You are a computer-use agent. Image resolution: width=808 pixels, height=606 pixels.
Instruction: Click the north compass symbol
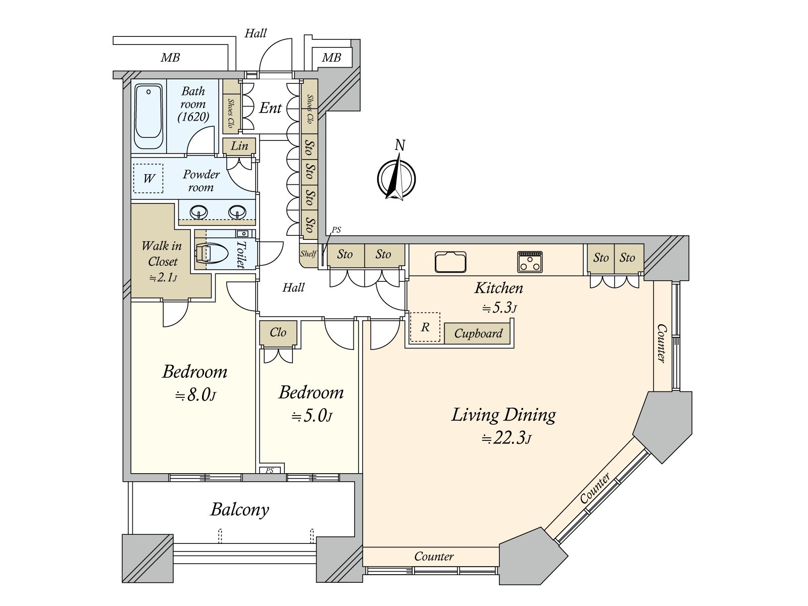click(396, 178)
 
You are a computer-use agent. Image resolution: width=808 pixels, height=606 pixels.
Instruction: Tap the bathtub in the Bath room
click(149, 116)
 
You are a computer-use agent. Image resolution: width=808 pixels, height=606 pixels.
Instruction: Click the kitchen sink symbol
click(450, 262)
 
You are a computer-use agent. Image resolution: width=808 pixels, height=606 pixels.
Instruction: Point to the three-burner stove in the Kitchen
click(530, 262)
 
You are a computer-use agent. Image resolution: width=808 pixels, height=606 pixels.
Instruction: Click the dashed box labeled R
click(425, 327)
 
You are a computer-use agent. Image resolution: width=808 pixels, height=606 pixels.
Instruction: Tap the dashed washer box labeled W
click(148, 178)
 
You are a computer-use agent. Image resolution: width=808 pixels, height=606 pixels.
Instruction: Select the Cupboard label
click(478, 333)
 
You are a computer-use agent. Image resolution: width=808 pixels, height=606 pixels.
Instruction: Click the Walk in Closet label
click(162, 254)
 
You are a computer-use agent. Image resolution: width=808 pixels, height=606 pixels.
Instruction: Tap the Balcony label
click(239, 509)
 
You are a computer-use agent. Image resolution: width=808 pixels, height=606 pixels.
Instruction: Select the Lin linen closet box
click(239, 146)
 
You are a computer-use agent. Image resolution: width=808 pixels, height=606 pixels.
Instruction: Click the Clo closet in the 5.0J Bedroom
click(278, 332)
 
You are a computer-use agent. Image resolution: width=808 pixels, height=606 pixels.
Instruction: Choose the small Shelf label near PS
click(308, 254)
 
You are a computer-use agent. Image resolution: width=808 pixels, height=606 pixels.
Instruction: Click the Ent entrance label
click(270, 108)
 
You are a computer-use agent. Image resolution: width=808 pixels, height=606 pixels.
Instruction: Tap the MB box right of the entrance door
click(331, 58)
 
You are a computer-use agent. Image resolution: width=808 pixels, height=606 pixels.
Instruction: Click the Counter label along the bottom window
click(433, 557)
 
